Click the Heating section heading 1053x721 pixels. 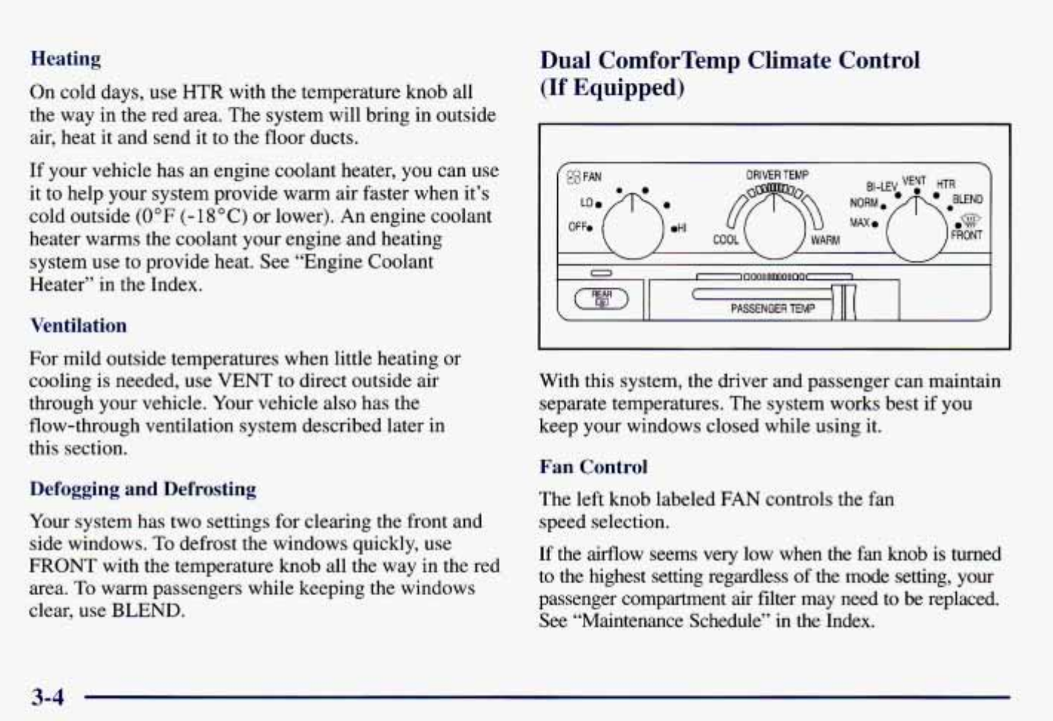point(65,58)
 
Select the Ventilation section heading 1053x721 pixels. point(78,326)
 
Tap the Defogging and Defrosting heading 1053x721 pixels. point(143,489)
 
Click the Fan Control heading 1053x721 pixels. point(593,467)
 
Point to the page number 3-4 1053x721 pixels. point(47,697)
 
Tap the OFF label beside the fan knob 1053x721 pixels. point(577,227)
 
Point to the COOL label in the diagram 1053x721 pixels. point(726,240)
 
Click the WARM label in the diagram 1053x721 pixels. point(824,240)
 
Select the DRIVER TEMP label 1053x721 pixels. point(777,175)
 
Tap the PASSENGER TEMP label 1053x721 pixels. point(772,309)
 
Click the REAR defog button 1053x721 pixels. point(602,298)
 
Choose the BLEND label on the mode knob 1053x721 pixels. point(967,199)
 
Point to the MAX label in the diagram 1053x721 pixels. point(859,222)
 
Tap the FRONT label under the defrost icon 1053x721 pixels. point(966,235)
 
